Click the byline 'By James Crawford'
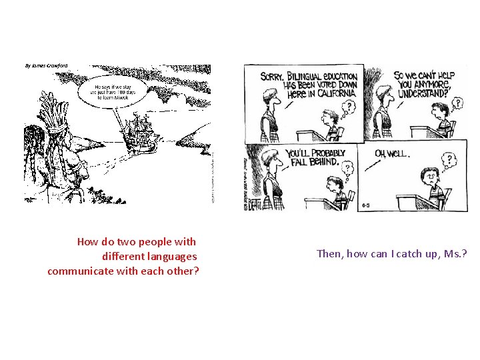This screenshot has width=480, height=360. click(x=46, y=66)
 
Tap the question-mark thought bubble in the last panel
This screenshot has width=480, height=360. click(x=450, y=159)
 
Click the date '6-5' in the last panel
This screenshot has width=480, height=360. click(x=367, y=205)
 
